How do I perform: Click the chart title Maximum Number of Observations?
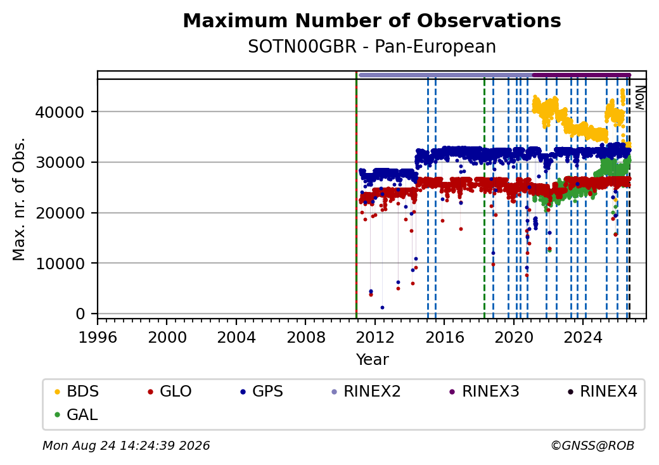372,20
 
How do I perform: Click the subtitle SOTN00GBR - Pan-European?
372,47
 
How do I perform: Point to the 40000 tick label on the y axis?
60,112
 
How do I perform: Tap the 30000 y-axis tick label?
60,163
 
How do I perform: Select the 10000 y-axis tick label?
60,264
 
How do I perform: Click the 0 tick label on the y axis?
80,314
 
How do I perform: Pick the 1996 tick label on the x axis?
98,337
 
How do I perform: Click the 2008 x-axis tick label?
305,337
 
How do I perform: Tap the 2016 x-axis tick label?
444,337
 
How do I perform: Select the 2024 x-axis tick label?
583,337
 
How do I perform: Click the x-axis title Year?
373,360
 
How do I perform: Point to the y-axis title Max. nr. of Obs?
19,199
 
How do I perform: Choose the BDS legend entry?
77,392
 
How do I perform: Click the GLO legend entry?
170,392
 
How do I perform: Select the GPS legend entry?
262,392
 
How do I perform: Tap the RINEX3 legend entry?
484,392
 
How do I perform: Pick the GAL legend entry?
77,414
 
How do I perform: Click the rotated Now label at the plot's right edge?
639,98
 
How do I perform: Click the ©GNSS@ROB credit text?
592,445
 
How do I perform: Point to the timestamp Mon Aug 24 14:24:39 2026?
126,445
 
